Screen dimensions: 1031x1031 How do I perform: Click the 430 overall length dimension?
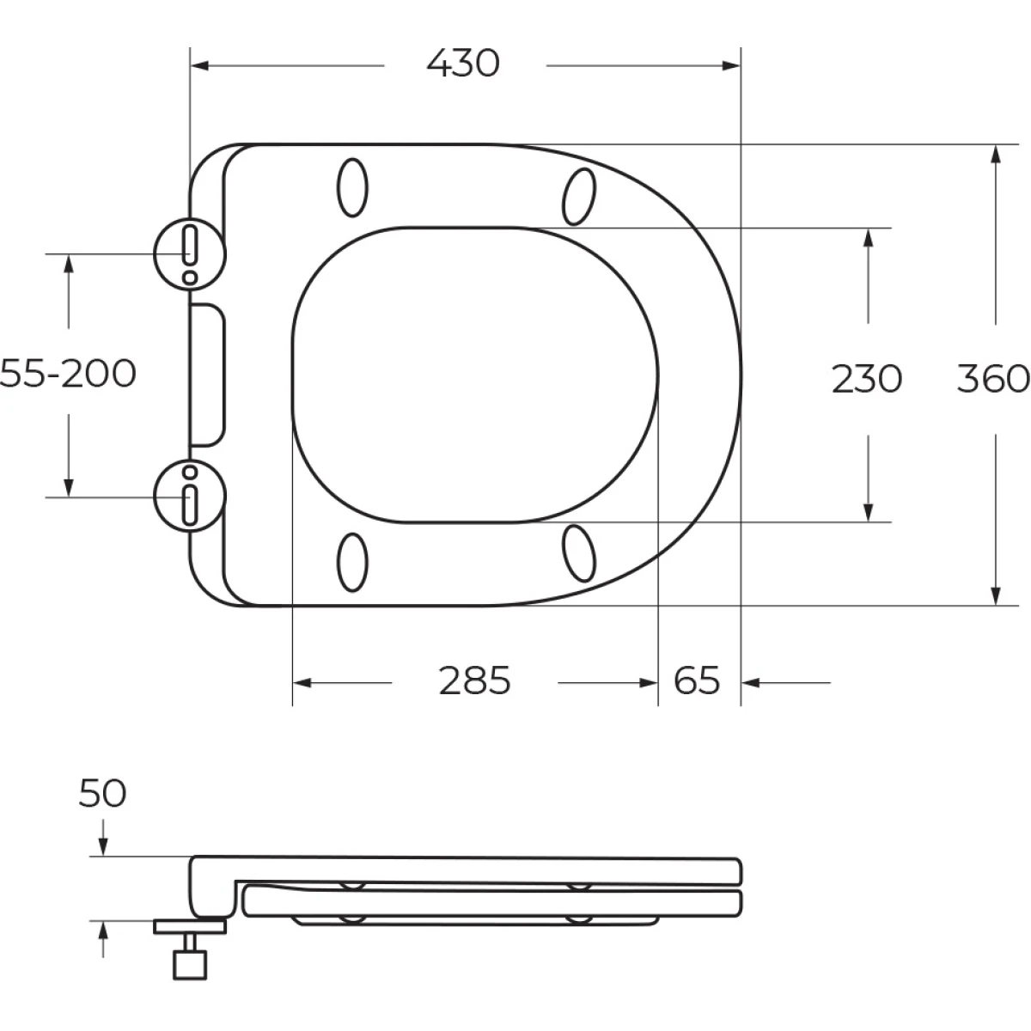click(463, 64)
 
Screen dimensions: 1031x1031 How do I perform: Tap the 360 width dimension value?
click(993, 379)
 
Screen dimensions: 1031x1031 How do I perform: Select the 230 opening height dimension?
click(867, 379)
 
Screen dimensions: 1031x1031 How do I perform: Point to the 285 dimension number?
click(474, 681)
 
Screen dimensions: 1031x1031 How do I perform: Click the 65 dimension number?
click(697, 681)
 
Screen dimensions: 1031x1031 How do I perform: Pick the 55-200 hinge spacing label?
click(67, 374)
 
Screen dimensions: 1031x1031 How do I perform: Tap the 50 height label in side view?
click(102, 793)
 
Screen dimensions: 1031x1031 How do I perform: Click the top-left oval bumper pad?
click(352, 187)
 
